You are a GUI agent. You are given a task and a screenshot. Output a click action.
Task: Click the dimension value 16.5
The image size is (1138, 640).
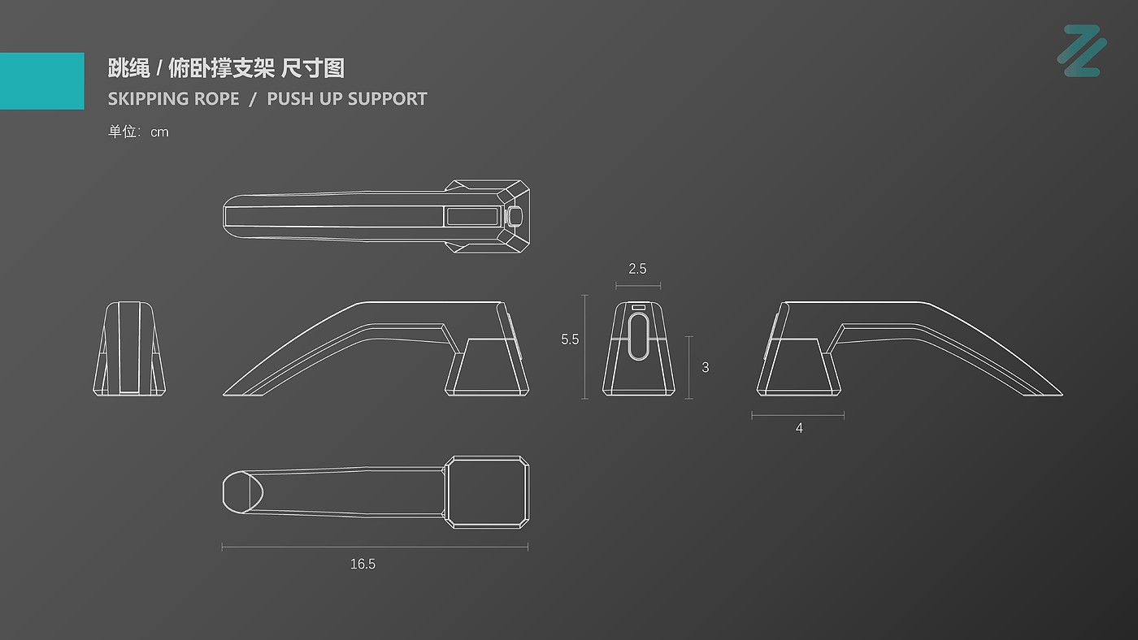pyautogui.click(x=363, y=564)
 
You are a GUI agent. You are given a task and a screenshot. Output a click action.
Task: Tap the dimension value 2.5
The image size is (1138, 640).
pyautogui.click(x=637, y=269)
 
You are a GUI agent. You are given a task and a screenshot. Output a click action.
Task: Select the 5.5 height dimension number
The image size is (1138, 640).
pyautogui.click(x=570, y=339)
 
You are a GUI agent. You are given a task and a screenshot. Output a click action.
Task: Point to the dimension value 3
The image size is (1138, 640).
pyautogui.click(x=705, y=367)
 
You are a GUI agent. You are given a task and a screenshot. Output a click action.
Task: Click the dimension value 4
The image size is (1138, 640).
pyautogui.click(x=799, y=428)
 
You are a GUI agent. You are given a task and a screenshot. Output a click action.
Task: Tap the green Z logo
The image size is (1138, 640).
pyautogui.click(x=1082, y=51)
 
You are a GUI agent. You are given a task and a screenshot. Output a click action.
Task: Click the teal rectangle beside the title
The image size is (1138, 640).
pyautogui.click(x=41, y=80)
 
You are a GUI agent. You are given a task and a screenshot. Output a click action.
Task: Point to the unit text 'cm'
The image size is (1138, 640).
pyautogui.click(x=159, y=132)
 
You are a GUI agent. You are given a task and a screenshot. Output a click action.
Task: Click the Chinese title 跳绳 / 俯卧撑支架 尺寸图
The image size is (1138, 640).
pyautogui.click(x=226, y=68)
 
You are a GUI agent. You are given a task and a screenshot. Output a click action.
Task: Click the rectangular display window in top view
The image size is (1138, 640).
pyautogui.click(x=471, y=216)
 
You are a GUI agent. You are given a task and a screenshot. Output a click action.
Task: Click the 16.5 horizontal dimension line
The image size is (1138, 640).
pyautogui.click(x=375, y=547)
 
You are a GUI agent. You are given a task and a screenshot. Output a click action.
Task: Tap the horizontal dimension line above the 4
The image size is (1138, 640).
pyautogui.click(x=797, y=415)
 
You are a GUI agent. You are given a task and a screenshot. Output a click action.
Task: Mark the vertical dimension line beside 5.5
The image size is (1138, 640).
pyautogui.click(x=585, y=347)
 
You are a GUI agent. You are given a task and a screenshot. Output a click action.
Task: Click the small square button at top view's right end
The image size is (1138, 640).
pyautogui.click(x=515, y=216)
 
